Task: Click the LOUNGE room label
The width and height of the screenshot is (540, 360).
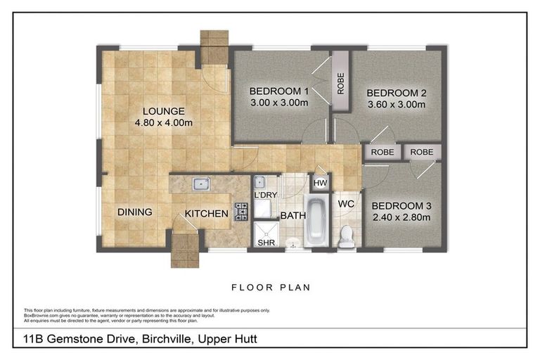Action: [164, 111]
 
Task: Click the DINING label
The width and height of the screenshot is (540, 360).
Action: [134, 212]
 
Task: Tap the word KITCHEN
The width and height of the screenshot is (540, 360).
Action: [206, 213]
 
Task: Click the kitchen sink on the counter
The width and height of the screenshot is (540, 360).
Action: [200, 184]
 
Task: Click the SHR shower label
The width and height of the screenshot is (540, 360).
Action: [266, 243]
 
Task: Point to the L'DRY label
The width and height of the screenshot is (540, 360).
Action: [265, 194]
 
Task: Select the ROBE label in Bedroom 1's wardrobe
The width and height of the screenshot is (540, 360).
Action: [341, 82]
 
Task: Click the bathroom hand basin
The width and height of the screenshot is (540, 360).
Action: [293, 243]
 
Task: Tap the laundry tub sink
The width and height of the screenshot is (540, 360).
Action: [259, 181]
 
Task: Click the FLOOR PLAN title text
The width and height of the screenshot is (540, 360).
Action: [271, 287]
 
